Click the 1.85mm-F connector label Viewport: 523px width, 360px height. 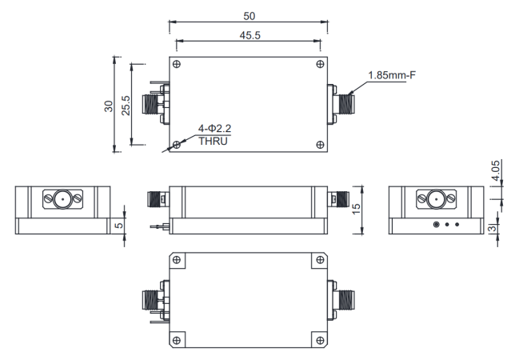point(392,76)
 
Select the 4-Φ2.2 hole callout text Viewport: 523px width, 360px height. point(215,128)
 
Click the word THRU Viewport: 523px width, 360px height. point(214,142)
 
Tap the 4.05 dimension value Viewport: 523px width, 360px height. point(497,171)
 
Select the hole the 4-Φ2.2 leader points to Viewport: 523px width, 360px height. point(177,144)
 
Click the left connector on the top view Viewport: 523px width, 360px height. point(152,104)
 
